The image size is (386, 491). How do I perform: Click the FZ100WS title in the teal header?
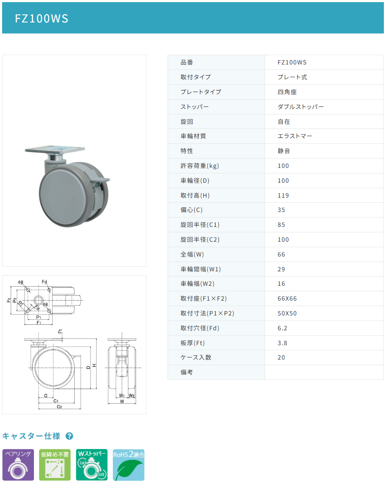(x=42, y=19)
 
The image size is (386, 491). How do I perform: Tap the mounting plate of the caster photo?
(x=55, y=149)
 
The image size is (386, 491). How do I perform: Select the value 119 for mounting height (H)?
(x=283, y=195)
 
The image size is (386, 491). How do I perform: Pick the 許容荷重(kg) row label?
(x=200, y=166)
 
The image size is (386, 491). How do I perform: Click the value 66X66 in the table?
(x=287, y=299)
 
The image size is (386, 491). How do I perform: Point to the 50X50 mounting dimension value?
(x=287, y=313)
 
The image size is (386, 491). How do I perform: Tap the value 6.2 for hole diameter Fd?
(x=283, y=328)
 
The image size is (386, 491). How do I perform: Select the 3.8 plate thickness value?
(x=283, y=343)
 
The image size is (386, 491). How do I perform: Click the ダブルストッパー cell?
(x=301, y=107)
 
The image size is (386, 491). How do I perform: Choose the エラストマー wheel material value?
(x=295, y=136)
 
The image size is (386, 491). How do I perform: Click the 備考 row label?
(x=187, y=372)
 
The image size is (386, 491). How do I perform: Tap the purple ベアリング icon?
(x=18, y=465)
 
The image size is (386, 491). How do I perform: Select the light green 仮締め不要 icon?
(x=55, y=465)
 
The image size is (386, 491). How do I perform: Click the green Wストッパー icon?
(x=92, y=465)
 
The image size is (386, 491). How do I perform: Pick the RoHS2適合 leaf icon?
(x=129, y=465)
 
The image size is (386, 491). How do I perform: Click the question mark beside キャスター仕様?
(x=70, y=436)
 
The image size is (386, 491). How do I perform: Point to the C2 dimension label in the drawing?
(x=59, y=407)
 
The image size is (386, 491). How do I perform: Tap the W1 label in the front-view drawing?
(x=122, y=396)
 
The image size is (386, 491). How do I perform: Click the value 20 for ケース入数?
(x=281, y=357)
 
